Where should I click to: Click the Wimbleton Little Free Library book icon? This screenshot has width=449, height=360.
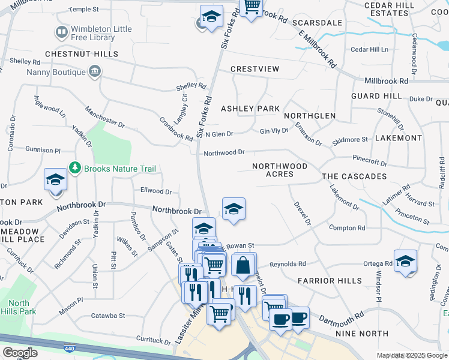(61, 31)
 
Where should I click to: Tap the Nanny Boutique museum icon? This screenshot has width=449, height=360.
(95, 73)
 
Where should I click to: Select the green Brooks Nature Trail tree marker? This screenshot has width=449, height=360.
(75, 169)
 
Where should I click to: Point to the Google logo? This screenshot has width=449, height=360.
(20, 353)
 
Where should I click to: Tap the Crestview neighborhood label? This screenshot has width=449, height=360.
(255, 69)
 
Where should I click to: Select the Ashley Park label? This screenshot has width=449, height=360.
(250, 109)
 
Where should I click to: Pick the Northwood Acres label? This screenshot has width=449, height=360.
(280, 170)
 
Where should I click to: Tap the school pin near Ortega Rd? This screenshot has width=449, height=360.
(406, 262)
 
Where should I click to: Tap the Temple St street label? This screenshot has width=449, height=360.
(83, 10)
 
